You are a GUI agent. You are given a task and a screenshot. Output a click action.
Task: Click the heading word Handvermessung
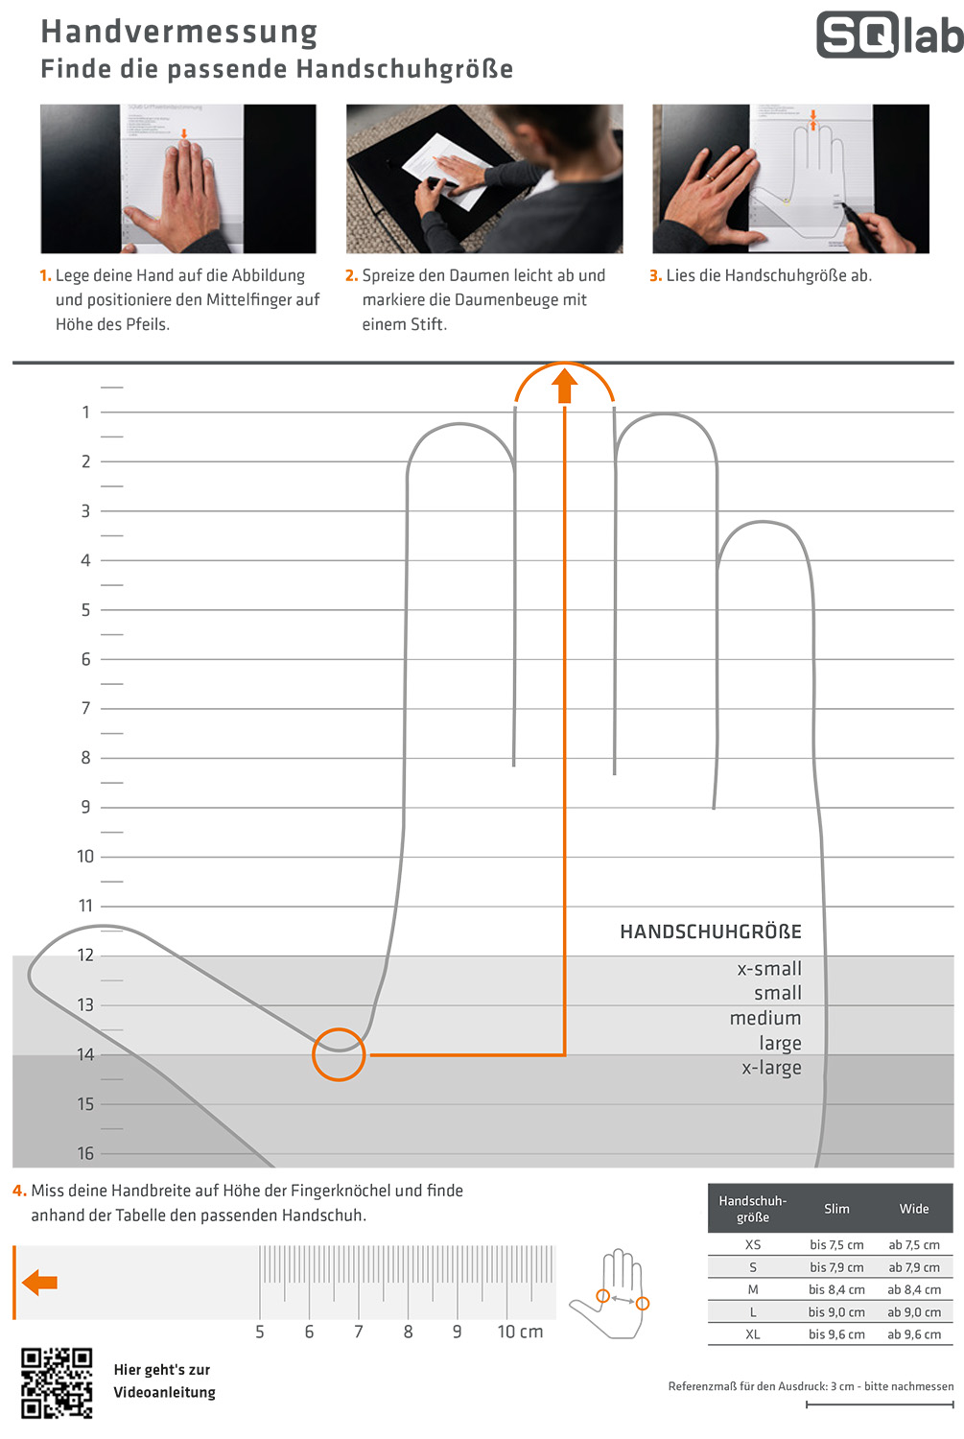(x=179, y=32)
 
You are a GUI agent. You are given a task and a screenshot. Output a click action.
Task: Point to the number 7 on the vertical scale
(x=86, y=708)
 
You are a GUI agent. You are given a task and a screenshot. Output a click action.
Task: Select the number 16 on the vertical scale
(x=85, y=1153)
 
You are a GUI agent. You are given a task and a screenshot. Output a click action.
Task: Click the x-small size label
(x=769, y=968)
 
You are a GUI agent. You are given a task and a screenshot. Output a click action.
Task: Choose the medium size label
(x=765, y=1018)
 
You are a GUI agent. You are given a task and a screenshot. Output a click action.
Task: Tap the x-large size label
(x=771, y=1067)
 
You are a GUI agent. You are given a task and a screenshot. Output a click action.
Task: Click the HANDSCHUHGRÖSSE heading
(x=711, y=932)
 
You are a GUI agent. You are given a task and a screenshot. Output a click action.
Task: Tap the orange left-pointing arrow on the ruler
(x=40, y=1283)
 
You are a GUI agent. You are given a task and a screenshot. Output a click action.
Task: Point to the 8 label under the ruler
(x=408, y=1332)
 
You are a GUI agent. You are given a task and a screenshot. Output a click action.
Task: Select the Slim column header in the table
(x=836, y=1209)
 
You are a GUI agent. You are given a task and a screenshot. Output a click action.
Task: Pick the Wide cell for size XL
(x=914, y=1333)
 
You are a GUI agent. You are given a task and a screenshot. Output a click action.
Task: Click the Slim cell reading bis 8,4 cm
(x=836, y=1289)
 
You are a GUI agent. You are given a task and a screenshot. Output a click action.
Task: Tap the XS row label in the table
(x=753, y=1244)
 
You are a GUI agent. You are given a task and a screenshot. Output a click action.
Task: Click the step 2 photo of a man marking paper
(x=484, y=178)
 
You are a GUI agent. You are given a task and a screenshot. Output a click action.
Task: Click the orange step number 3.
(x=654, y=275)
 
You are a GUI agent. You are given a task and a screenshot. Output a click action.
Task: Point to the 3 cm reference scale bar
(x=880, y=1404)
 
